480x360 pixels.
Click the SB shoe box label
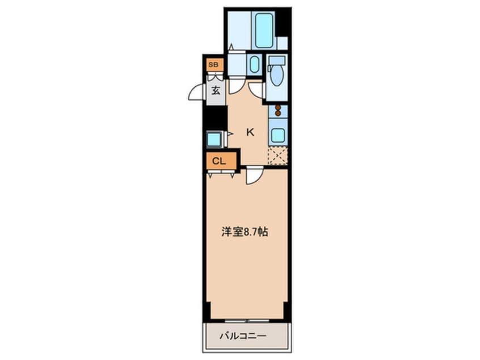pyautogui.click(x=213, y=65)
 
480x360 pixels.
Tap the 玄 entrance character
pyautogui.click(x=216, y=91)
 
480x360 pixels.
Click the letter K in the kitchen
pyautogui.click(x=250, y=132)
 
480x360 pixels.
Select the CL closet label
pyautogui.click(x=218, y=161)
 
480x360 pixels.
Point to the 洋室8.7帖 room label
pyautogui.click(x=245, y=232)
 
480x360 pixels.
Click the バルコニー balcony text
pyautogui.click(x=243, y=336)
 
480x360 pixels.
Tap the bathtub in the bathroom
pyautogui.click(x=264, y=31)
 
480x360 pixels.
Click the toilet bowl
pyautogui.click(x=277, y=76)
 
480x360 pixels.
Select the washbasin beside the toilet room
pyautogui.click(x=254, y=64)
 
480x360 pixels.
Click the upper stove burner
pyautogui.click(x=278, y=107)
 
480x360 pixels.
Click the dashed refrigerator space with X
pyautogui.click(x=277, y=156)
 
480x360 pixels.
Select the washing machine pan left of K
pyautogui.click(x=214, y=140)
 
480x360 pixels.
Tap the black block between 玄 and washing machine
pyautogui.click(x=216, y=118)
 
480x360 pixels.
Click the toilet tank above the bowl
pyautogui.click(x=277, y=61)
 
